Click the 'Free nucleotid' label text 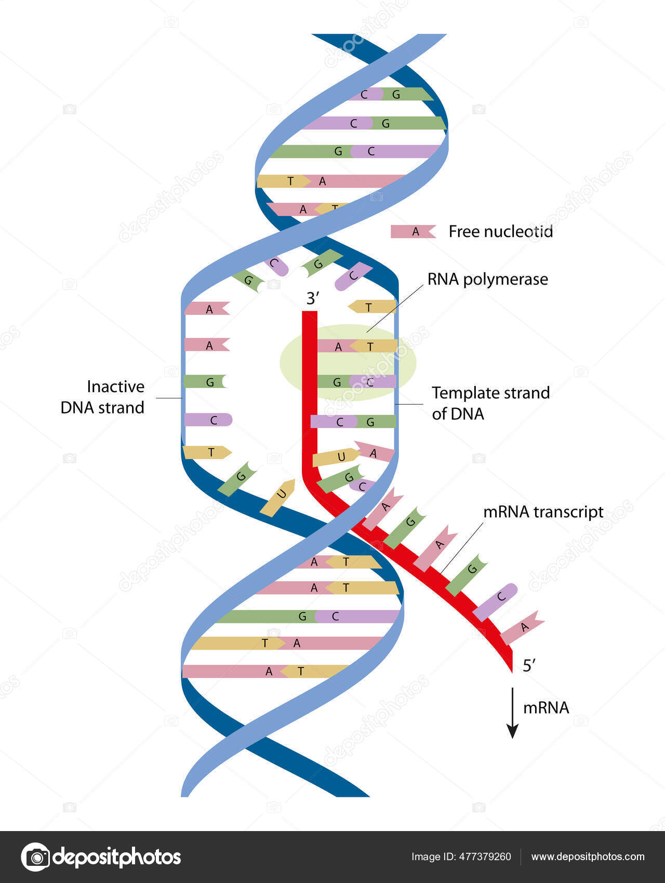(x=500, y=232)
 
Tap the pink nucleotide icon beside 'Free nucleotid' (x=413, y=232)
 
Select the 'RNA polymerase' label (x=487, y=279)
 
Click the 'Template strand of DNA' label (x=490, y=403)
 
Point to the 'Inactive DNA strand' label (x=103, y=397)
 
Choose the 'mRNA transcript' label (x=543, y=512)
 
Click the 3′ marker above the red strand (x=312, y=299)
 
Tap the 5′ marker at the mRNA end (x=529, y=665)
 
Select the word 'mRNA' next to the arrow (x=546, y=708)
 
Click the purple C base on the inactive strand (x=208, y=420)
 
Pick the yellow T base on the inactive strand (x=207, y=452)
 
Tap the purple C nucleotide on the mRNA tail (x=496, y=601)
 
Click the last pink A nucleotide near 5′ (x=522, y=628)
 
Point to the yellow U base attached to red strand (x=336, y=457)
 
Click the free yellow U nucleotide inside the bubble (x=278, y=498)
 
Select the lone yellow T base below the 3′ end (x=373, y=307)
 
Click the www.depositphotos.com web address (x=588, y=857)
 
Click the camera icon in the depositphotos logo (x=36, y=857)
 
